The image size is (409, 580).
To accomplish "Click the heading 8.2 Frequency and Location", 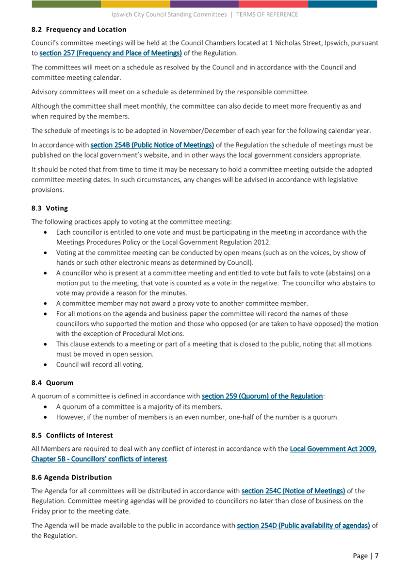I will (x=79, y=30).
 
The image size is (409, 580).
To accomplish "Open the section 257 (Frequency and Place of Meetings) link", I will (x=111, y=52).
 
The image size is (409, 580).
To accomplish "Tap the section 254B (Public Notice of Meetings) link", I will (x=152, y=145).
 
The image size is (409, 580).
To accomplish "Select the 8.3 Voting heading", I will (x=49, y=208).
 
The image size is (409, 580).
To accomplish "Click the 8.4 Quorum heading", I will (x=51, y=383).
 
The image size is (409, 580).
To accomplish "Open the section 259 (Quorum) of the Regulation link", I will (x=262, y=396).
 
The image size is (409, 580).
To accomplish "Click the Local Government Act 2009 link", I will (x=333, y=449).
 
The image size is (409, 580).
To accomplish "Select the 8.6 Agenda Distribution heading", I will (x=71, y=477).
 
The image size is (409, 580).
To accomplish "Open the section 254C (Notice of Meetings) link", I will (x=293, y=491).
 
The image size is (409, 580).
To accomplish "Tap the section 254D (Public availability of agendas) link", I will (x=303, y=525).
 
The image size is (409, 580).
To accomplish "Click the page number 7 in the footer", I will (x=376, y=556).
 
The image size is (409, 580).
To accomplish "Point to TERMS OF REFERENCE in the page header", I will (x=267, y=15).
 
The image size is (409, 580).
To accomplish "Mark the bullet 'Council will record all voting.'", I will (x=99, y=364).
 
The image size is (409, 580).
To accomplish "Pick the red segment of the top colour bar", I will (x=273, y=4).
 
